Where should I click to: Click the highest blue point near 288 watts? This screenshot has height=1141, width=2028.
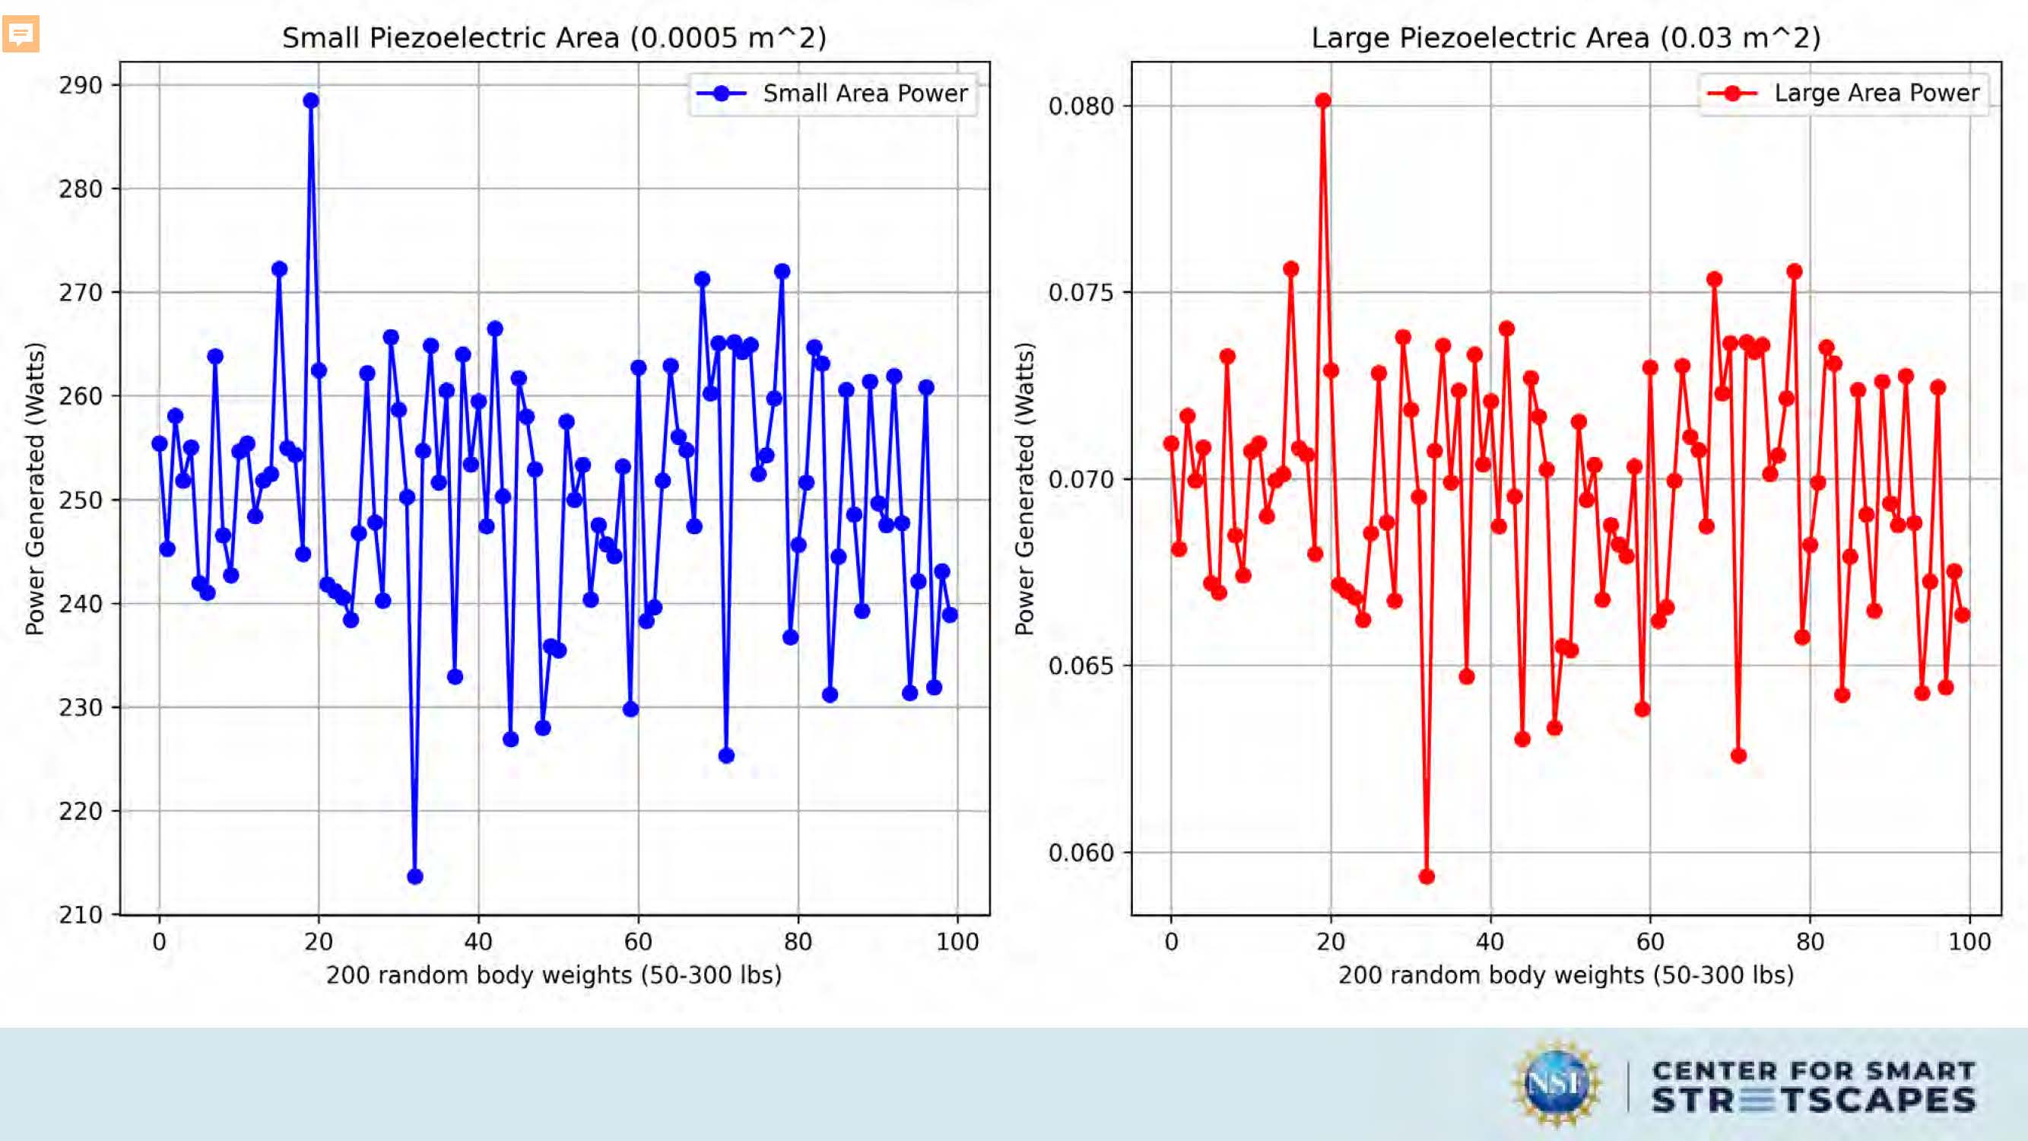click(311, 101)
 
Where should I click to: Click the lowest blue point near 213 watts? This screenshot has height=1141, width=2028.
click(415, 876)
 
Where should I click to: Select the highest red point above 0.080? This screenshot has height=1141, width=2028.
click(1322, 101)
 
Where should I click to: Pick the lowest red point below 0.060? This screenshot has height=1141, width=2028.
click(1427, 876)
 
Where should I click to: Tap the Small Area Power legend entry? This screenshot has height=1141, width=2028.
click(833, 94)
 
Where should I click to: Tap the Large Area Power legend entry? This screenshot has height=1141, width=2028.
click(1845, 94)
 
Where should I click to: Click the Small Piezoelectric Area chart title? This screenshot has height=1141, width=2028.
click(554, 38)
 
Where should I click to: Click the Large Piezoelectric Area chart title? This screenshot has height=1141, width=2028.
click(1566, 38)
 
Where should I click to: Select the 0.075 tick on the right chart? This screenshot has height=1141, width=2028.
click(1081, 292)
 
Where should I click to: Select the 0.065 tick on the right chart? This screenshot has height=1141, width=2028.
click(1081, 666)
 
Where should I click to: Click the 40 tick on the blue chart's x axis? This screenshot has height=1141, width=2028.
click(478, 942)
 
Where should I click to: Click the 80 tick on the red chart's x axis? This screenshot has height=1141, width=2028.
click(1810, 942)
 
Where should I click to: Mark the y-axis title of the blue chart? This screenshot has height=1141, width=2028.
click(34, 488)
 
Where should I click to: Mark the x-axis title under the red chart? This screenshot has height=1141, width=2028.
click(1566, 976)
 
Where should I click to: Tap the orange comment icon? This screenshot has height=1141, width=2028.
click(21, 34)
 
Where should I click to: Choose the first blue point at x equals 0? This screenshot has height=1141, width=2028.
click(160, 443)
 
